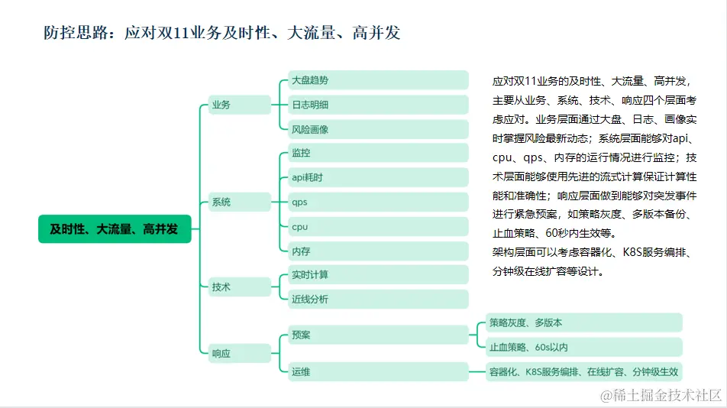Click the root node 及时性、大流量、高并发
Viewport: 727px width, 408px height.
(115, 228)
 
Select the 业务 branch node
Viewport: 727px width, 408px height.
(239, 105)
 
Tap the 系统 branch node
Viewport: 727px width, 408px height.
(239, 202)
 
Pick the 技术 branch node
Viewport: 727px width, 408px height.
(239, 287)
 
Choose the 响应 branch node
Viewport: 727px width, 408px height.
(239, 353)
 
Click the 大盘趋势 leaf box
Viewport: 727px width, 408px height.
(378, 80)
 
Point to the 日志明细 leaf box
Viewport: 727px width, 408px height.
(378, 105)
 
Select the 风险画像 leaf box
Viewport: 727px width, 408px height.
(378, 129)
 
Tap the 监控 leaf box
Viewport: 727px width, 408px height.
(378, 153)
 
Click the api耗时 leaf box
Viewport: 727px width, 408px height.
(378, 177)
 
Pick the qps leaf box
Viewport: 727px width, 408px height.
(378, 202)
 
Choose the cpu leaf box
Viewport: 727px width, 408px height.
(378, 226)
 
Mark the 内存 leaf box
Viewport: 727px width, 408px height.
(378, 251)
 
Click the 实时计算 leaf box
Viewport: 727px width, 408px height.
(378, 274)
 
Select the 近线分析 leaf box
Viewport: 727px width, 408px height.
(378, 299)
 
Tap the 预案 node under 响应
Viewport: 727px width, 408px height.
(378, 335)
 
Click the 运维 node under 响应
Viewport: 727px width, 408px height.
(378, 371)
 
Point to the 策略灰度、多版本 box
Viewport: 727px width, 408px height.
(583, 322)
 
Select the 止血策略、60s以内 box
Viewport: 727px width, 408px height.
(583, 347)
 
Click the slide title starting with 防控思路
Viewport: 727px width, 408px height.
(221, 33)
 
